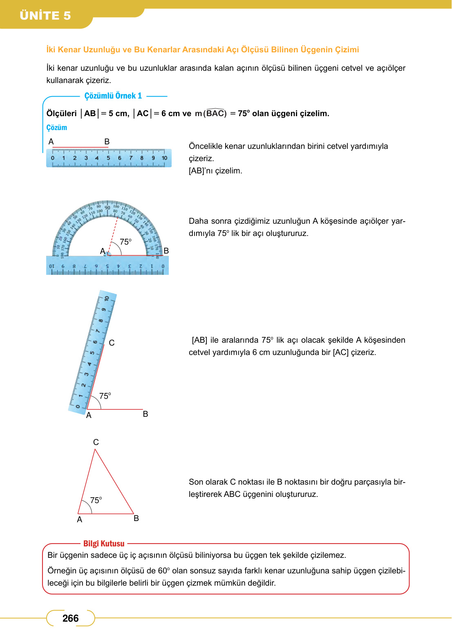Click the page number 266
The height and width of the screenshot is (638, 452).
click(x=70, y=618)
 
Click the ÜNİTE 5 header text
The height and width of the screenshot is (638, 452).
click(x=45, y=16)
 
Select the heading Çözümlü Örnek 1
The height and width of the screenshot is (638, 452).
click(x=113, y=96)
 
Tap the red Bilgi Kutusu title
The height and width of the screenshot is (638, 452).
click(x=104, y=544)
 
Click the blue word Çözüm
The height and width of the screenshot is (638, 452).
click(x=56, y=128)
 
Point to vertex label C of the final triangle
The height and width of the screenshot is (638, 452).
click(x=96, y=442)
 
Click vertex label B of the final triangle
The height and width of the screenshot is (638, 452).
click(x=136, y=518)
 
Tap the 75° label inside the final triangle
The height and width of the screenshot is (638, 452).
click(x=96, y=500)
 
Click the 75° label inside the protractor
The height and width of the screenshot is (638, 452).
click(x=125, y=242)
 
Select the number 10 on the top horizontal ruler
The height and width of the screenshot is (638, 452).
click(x=164, y=158)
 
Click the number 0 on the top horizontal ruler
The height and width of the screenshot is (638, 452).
click(x=52, y=158)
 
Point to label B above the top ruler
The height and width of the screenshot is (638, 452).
click(x=107, y=142)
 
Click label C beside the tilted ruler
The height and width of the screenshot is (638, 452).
click(x=112, y=343)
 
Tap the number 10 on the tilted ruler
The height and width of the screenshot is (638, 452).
click(x=107, y=299)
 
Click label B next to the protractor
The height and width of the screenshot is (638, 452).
click(x=166, y=251)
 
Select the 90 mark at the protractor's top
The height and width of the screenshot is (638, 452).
click(x=107, y=207)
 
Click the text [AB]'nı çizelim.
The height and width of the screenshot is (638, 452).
click(x=215, y=171)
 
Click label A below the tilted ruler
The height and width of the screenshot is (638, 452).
click(x=89, y=415)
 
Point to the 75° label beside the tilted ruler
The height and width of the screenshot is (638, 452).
click(x=105, y=396)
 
